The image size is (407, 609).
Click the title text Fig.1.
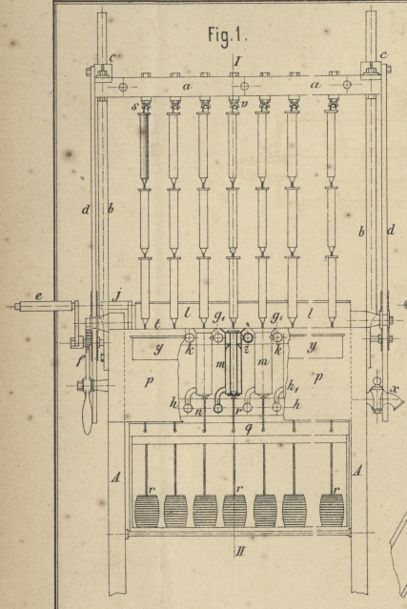pyautogui.click(x=227, y=35)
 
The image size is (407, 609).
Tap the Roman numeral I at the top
pyautogui.click(x=237, y=61)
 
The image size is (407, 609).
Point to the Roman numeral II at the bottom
pyautogui.click(x=240, y=551)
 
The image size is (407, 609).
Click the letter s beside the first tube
pyautogui.click(x=134, y=106)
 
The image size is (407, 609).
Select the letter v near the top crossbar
pyautogui.click(x=244, y=104)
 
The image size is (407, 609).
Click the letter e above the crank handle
pyautogui.click(x=39, y=296)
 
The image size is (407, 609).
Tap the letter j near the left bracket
pyautogui.click(x=117, y=296)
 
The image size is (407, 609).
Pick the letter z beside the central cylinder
pyautogui.click(x=246, y=350)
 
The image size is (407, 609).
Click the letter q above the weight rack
pyautogui.click(x=249, y=429)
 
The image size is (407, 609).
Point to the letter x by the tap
pyautogui.click(x=396, y=389)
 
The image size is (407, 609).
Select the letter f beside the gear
pyautogui.click(x=80, y=361)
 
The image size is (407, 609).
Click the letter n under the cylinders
pyautogui.click(x=199, y=412)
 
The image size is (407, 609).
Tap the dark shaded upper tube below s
pyautogui.click(x=144, y=147)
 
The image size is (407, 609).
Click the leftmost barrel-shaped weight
pyautogui.click(x=147, y=511)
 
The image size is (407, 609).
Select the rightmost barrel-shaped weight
pyautogui.click(x=332, y=510)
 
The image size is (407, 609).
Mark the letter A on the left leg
pyautogui.click(x=115, y=477)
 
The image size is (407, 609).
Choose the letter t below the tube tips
pyautogui.click(x=157, y=323)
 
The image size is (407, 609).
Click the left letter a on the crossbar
pyautogui.click(x=187, y=86)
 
